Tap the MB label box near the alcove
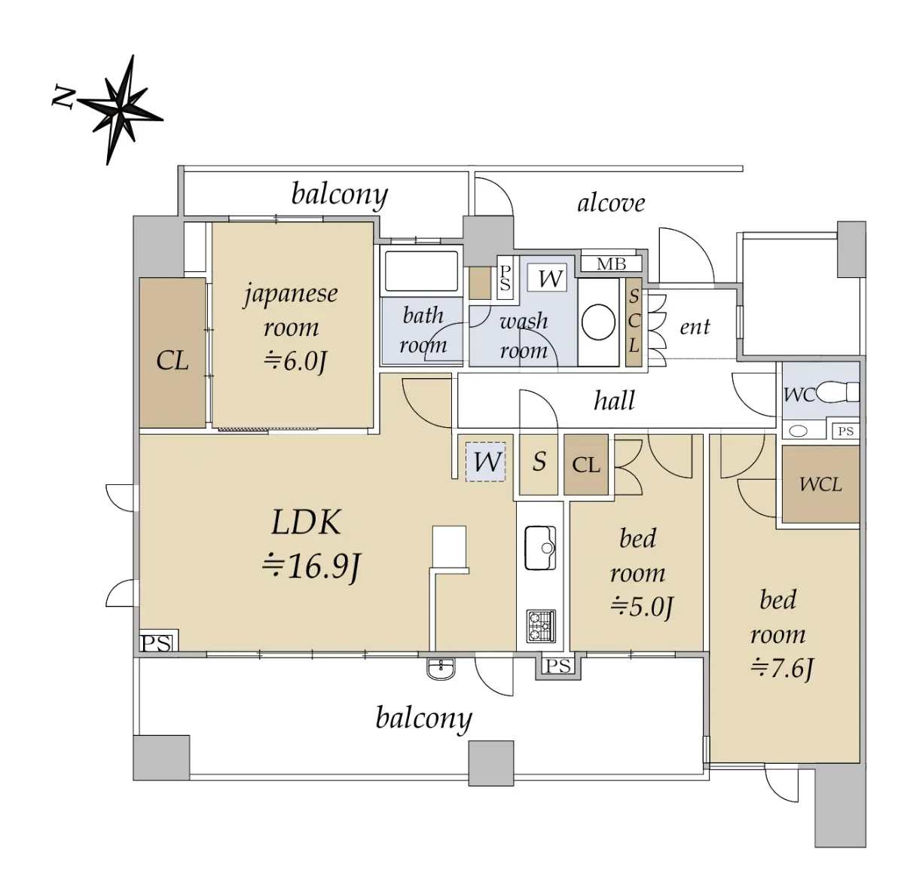611,264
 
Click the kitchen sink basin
539,548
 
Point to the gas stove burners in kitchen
540,626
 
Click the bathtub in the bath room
421,271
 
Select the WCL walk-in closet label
820,484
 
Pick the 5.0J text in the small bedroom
641,606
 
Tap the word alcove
611,203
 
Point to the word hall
614,401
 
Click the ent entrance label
695,327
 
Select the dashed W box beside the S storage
486,461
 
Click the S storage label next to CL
539,461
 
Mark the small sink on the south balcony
441,667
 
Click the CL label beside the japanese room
173,361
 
